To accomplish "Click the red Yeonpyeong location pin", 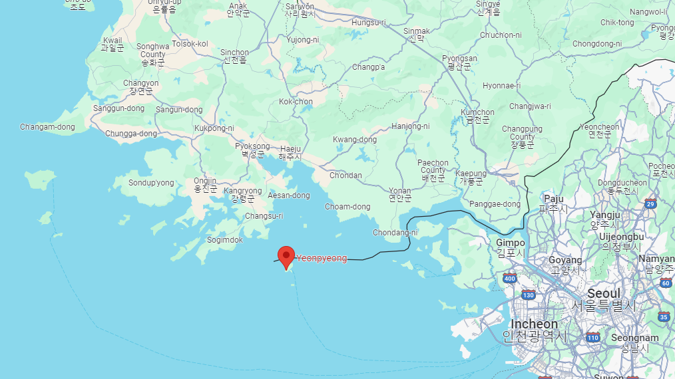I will tap(286, 256).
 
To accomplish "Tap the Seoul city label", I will tap(604, 293).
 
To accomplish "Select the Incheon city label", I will tap(534, 324).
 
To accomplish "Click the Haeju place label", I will tap(290, 148).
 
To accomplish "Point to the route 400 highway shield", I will tap(509, 278).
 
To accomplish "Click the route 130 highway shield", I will tap(529, 295).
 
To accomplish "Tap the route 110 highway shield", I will tap(593, 337).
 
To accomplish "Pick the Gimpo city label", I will tap(510, 243).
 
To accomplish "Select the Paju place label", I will tap(554, 198).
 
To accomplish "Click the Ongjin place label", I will tap(205, 181).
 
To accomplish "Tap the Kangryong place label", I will tap(242, 191).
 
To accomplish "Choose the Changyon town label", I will tap(141, 83).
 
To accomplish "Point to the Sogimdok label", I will tap(224, 239).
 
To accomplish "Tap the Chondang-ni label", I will tap(395, 233).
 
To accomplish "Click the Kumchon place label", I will tap(478, 113).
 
